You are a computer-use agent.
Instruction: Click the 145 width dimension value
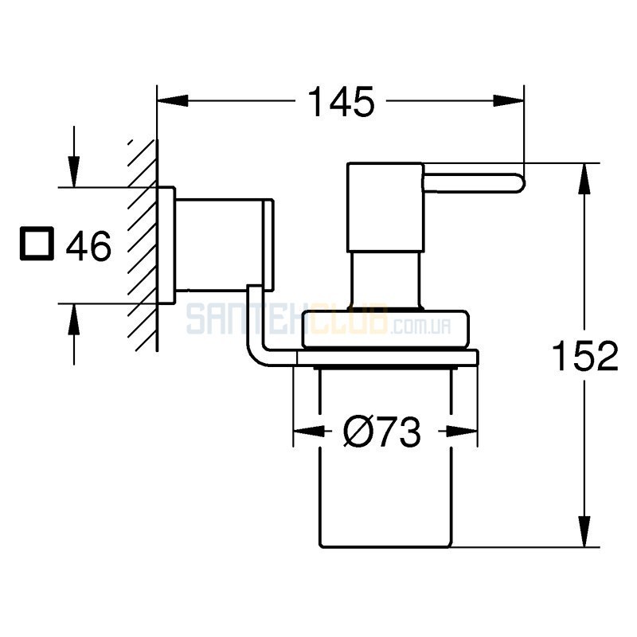pos(342,102)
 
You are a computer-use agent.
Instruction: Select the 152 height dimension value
pos(585,356)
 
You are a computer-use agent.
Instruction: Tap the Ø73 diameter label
pos(382,432)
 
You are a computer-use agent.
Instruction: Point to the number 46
pos(88,246)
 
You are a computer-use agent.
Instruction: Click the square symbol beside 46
pos(37,244)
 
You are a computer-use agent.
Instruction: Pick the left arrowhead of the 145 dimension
pos(173,101)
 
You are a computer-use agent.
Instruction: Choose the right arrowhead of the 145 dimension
pos(508,101)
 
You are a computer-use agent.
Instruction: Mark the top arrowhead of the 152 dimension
pos(584,178)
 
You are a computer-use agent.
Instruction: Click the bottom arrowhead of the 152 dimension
pos(584,531)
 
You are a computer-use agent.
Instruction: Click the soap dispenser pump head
pos(385,207)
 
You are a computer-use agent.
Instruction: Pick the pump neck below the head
pos(385,280)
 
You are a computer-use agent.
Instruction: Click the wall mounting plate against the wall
pos(166,245)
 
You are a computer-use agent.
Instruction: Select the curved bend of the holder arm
pos(256,350)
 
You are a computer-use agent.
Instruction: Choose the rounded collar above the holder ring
pos(385,330)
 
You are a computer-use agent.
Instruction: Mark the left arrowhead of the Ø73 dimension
pos(309,431)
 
